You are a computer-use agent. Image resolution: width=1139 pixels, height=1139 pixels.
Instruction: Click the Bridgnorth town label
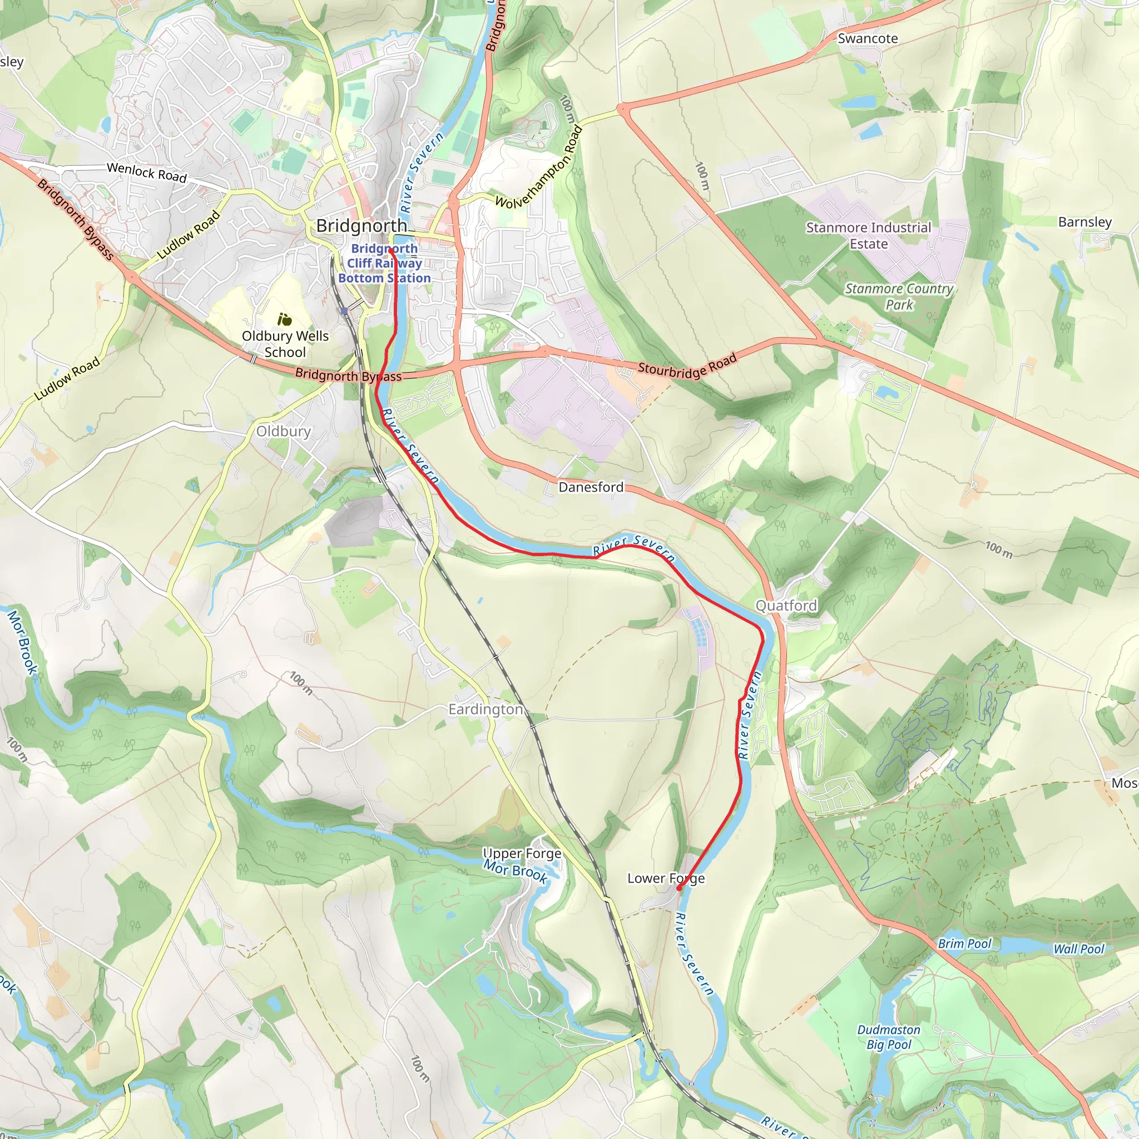pos(361,225)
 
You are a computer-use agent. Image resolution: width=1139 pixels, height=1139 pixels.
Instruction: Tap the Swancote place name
pos(867,39)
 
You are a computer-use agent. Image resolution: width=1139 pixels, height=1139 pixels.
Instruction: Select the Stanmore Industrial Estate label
pos(868,236)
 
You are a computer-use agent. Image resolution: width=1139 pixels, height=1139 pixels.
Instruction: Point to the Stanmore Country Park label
pos(899,296)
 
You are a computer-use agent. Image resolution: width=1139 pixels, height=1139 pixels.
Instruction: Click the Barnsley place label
pos(1084,222)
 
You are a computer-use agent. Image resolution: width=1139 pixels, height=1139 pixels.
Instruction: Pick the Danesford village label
pos(591,487)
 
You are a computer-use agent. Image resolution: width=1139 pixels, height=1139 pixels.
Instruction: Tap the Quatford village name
pos(786,606)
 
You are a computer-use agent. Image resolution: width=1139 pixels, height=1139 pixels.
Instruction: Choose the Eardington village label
pos(486,709)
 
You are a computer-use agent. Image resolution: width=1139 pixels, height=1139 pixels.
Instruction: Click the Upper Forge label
pos(522,853)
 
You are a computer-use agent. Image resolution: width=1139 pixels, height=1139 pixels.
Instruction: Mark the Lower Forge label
pos(666,878)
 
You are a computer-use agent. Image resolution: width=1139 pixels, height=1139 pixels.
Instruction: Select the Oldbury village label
pos(284,431)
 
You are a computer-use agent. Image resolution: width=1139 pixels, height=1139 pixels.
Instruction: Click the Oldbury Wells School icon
pos(285,320)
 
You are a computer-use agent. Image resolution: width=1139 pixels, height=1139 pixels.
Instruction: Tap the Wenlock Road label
pos(147,173)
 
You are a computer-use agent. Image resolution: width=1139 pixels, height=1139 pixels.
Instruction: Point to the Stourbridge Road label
pos(687,366)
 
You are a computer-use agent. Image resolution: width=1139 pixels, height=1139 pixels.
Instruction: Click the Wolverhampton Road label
pos(538,169)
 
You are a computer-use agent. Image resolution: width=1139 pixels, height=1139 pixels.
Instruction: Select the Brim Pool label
pos(965,944)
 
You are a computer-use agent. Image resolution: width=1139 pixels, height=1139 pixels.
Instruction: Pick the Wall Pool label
pos(1078,949)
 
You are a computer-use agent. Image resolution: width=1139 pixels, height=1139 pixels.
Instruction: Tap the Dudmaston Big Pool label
pos(888,1037)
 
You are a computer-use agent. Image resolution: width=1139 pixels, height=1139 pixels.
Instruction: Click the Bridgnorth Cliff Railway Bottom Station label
pos(384,264)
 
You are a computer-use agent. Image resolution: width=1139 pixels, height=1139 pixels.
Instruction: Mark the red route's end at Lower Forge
pos(679,888)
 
